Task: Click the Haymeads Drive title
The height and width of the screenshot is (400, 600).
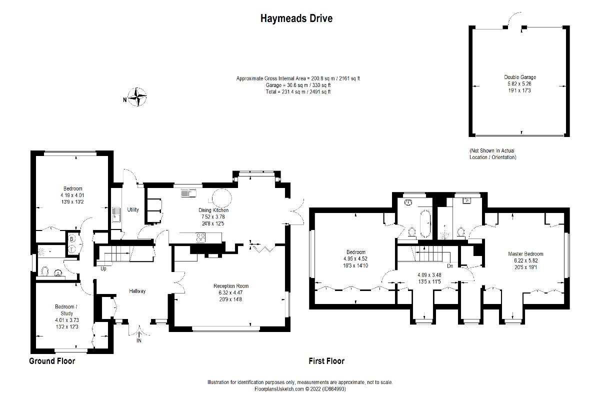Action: (296, 18)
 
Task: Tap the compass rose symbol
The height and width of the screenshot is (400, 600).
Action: (137, 97)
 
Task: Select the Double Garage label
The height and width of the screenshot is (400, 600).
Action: (520, 77)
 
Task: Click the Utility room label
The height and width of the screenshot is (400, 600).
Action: (132, 209)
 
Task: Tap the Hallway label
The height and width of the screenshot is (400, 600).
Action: (137, 291)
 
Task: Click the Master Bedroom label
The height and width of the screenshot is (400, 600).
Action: (525, 254)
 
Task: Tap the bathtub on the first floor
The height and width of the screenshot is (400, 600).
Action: (425, 223)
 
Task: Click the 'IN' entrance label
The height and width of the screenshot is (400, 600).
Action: (138, 341)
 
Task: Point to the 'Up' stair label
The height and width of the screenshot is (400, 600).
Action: (103, 269)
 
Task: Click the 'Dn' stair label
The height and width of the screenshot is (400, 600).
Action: (450, 266)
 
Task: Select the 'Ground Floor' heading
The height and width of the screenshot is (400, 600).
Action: (52, 361)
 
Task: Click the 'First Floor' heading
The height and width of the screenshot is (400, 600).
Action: (326, 361)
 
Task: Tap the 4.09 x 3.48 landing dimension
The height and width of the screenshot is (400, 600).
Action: (430, 275)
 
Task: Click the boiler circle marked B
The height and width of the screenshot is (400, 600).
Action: (71, 239)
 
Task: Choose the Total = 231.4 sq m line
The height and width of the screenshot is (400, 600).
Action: (298, 92)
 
